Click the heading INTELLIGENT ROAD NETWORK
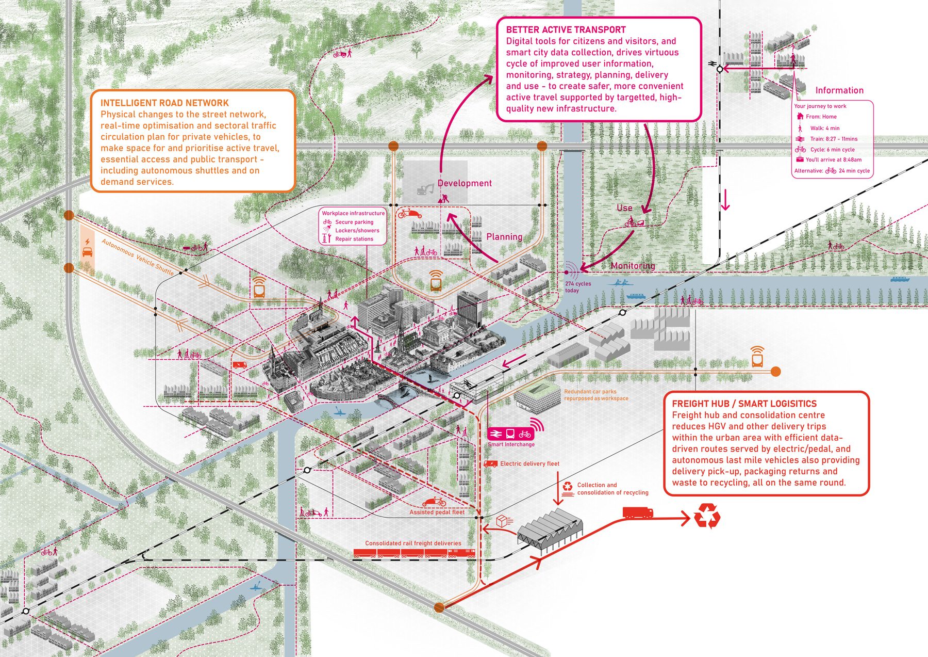(x=164, y=103)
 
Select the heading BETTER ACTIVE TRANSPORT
(x=566, y=30)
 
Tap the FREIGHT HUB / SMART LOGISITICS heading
(x=744, y=404)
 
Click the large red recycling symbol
(x=707, y=516)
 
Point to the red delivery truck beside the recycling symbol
(x=638, y=512)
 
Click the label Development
(x=465, y=183)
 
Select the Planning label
(x=504, y=237)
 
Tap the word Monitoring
(x=633, y=266)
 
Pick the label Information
(x=839, y=90)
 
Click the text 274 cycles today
(x=577, y=287)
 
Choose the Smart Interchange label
(x=511, y=444)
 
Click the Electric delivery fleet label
(x=529, y=463)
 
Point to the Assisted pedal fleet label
(x=437, y=512)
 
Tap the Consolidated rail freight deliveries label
(x=413, y=543)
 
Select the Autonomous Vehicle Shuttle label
(x=138, y=257)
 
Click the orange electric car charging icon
(x=88, y=249)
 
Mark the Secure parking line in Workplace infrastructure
(x=354, y=222)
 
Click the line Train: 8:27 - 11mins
(x=833, y=139)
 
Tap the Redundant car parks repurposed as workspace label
(x=596, y=395)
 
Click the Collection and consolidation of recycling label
(x=612, y=489)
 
